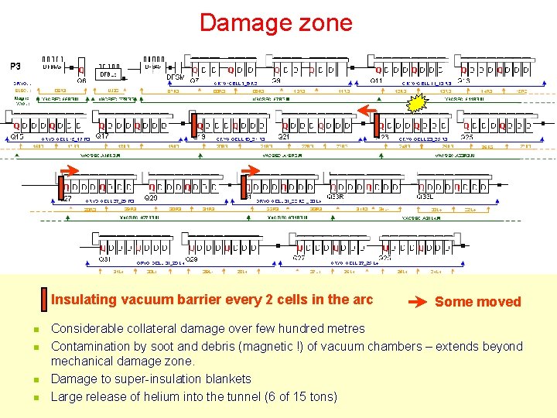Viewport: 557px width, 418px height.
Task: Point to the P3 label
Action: pyautogui.click(x=15, y=65)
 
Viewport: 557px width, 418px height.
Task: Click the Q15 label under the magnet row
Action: pyautogui.click(x=18, y=137)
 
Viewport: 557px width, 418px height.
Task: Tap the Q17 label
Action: pyautogui.click(x=101, y=137)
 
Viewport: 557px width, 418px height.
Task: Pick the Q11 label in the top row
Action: pyautogui.click(x=376, y=81)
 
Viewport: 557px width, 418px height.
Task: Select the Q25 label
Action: pyautogui.click(x=466, y=137)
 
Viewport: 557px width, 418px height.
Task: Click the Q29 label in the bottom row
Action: pyautogui.click(x=191, y=259)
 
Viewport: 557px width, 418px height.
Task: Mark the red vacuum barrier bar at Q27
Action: pyautogui.click(x=61, y=187)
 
